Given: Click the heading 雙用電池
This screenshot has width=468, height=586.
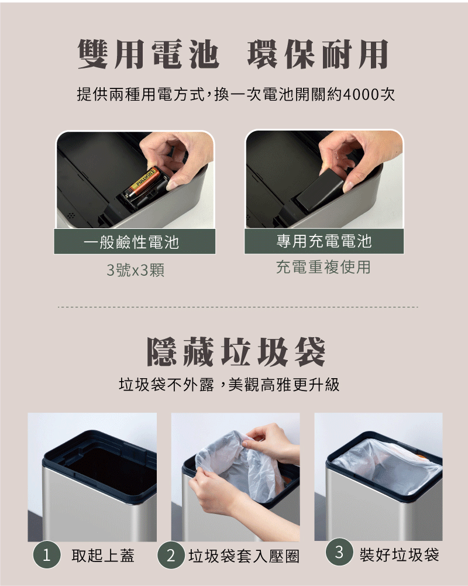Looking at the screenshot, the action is (148, 54).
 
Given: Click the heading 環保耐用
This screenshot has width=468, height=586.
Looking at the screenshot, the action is (318, 54).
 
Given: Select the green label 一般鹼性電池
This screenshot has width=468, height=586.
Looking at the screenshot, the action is (135, 242).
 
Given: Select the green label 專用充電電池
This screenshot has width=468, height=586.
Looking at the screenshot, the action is (324, 241).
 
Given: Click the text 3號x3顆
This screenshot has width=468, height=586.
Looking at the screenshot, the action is (136, 270).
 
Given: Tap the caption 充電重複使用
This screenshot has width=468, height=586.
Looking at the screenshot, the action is (324, 267).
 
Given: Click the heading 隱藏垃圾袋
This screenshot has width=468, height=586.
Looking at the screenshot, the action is (236, 351).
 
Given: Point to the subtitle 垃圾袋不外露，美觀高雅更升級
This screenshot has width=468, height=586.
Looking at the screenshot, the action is (229, 384).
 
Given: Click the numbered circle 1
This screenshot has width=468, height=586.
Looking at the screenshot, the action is (47, 555).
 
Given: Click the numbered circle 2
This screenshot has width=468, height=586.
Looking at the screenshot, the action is (171, 556).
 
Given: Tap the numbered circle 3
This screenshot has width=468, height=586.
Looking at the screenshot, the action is (339, 552).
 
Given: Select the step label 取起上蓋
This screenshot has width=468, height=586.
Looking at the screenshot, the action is (103, 556).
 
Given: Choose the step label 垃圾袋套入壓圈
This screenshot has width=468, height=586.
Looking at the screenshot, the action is (245, 556).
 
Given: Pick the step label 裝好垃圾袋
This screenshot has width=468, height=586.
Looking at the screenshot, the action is (400, 554).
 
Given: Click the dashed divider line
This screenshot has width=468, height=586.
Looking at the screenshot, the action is (238, 307).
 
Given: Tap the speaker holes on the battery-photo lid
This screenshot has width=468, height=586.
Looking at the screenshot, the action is (71, 215).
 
